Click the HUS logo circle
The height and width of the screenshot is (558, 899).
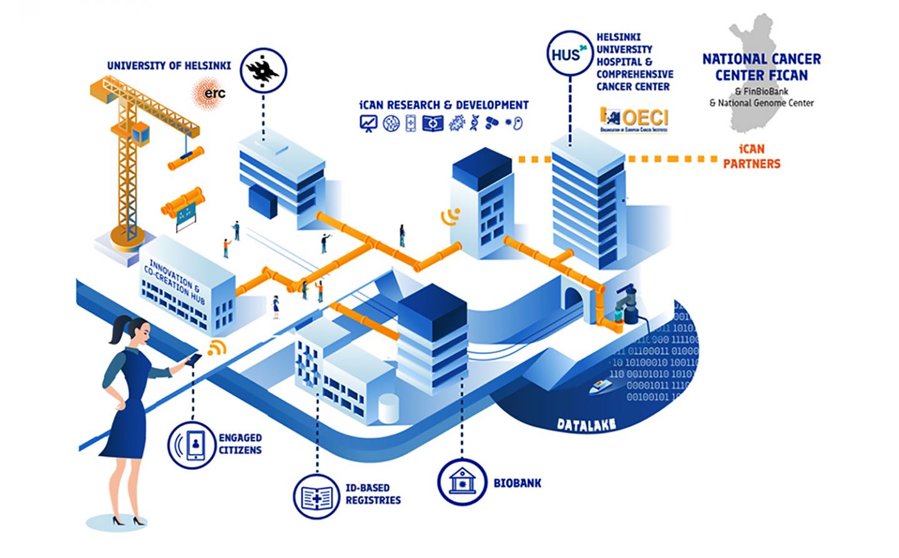pos(568,55)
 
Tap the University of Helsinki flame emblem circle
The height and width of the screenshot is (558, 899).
pos(263,71)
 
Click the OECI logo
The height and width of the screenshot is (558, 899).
pos(634,120)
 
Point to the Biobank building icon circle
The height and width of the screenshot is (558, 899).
pos(462,482)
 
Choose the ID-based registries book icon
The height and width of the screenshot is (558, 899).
pos(317,497)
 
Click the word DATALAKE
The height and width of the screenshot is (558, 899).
pos(586,425)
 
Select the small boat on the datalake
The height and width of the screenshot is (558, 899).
pos(602,387)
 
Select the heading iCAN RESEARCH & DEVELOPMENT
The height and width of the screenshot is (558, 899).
pos(443,105)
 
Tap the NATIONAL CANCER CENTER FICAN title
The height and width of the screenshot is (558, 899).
pos(761,67)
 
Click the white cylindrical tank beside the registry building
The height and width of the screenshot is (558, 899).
pos(388,408)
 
